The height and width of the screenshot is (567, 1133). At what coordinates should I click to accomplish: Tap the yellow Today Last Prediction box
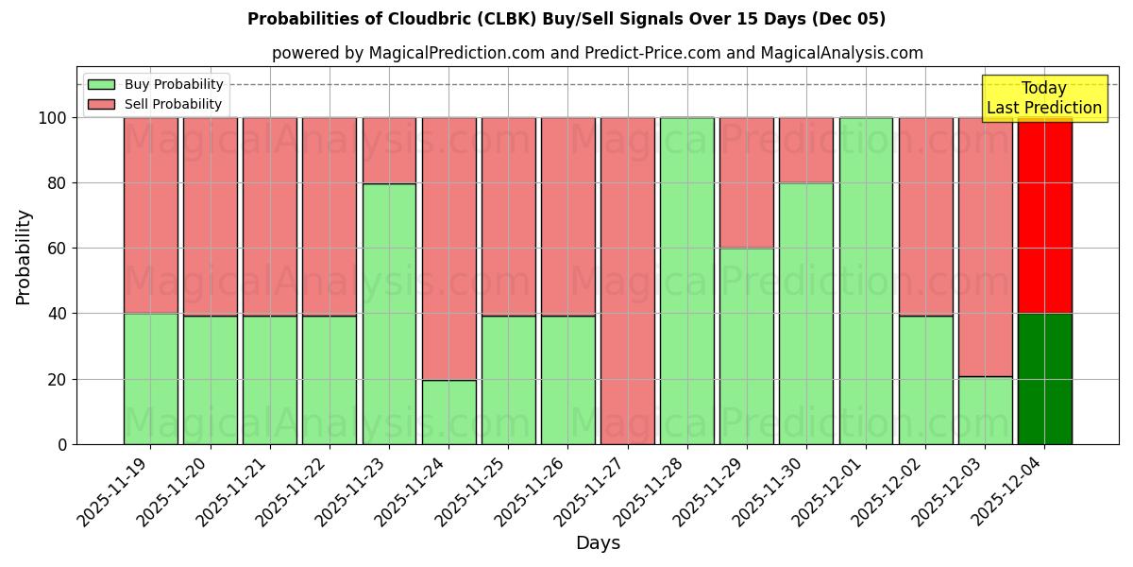click(x=1043, y=98)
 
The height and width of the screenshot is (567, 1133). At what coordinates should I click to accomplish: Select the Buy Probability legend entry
click(x=174, y=84)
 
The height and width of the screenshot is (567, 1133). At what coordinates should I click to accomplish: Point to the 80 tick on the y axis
click(x=59, y=183)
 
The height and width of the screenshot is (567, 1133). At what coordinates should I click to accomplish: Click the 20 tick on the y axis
click(x=59, y=379)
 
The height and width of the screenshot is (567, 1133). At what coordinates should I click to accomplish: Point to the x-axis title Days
click(x=598, y=543)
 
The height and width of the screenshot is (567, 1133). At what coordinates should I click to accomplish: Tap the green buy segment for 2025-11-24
click(x=448, y=412)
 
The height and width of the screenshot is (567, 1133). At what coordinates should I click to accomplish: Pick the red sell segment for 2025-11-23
click(x=389, y=150)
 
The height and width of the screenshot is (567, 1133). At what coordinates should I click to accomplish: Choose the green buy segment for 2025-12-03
click(x=985, y=410)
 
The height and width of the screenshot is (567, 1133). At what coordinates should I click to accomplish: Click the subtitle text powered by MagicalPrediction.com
click(x=598, y=53)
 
